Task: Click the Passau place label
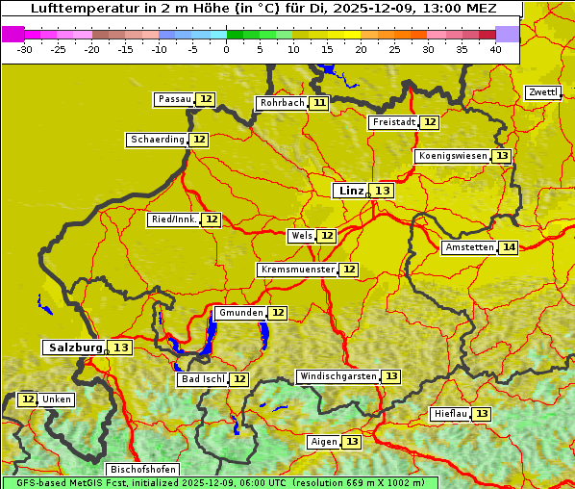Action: [174, 99]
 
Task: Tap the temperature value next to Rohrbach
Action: [319, 103]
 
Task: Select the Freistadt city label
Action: [393, 122]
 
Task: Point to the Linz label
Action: [350, 191]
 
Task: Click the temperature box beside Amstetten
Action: [509, 247]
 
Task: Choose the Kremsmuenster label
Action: [297, 270]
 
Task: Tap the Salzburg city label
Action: [75, 347]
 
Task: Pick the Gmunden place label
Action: [239, 313]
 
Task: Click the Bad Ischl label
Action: [202, 379]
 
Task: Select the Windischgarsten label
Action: [337, 376]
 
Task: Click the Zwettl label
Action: [542, 92]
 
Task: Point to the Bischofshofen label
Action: [142, 470]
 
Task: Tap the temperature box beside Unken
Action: [28, 399]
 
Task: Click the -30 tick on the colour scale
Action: [25, 49]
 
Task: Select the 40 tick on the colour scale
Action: [495, 49]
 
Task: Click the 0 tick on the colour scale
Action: [227, 49]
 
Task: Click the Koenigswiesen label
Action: [453, 156]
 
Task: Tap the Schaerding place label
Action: [158, 140]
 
